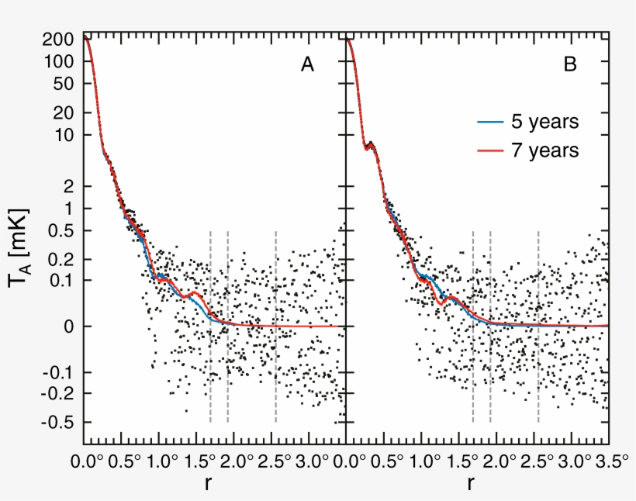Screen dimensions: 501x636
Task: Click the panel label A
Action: click(307, 66)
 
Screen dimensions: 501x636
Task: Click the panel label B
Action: click(569, 66)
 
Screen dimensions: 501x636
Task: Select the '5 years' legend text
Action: click(543, 122)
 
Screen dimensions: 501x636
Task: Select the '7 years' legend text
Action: click(543, 150)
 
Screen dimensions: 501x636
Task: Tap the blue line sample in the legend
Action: click(489, 122)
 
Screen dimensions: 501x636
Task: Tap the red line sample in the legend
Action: click(489, 150)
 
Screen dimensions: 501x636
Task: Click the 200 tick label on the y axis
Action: click(60, 39)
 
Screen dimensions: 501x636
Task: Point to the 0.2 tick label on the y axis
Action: click(60, 259)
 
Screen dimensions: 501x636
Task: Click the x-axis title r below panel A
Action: click(209, 485)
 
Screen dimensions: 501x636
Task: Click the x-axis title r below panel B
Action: click(471, 485)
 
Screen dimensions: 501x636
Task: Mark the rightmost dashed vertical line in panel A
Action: click(275, 326)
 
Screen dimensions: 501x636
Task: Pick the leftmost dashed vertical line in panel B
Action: click(472, 326)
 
